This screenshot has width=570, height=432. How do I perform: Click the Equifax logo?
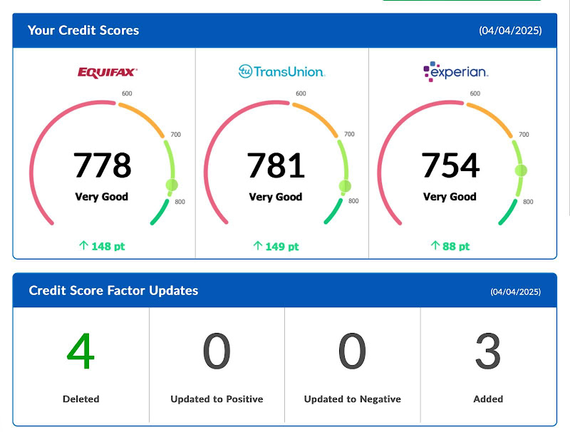coord(108,71)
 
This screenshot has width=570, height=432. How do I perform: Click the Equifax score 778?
coord(103,165)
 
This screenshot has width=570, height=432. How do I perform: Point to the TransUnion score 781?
coord(276,165)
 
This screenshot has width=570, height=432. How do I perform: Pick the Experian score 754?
coord(450,165)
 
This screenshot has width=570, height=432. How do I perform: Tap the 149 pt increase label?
coord(276,246)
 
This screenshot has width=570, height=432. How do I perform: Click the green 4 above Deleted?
coord(81,351)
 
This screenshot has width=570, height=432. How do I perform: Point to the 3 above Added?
coord(488,351)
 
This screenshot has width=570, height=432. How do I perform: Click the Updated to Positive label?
coord(217,399)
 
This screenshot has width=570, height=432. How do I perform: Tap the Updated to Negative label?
coord(352,399)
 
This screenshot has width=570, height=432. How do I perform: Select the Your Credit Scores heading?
coord(83,31)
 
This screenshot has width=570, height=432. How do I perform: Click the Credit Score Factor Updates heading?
coord(113,291)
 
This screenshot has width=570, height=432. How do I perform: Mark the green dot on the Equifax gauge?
coord(172,185)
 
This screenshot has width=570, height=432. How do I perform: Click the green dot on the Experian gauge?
coord(521,170)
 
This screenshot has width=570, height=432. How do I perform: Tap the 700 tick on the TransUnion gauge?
coord(349,134)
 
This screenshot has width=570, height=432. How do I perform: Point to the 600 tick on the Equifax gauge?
coord(127,93)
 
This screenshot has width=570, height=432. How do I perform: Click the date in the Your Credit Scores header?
coord(510,31)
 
